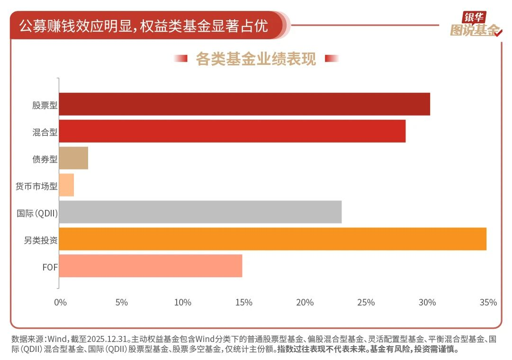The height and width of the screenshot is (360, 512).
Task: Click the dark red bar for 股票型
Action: [x=244, y=104]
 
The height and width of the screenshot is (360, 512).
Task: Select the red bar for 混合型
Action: [x=232, y=131]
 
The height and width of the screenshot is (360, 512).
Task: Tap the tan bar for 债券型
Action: [x=73, y=158]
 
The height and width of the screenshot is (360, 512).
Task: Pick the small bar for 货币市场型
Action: [x=66, y=185]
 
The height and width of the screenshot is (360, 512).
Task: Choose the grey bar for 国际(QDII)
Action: [x=200, y=212]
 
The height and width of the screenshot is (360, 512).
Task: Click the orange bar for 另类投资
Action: [x=272, y=239]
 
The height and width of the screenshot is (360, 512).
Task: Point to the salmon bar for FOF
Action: [x=151, y=266]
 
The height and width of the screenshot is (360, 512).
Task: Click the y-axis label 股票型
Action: [x=45, y=105]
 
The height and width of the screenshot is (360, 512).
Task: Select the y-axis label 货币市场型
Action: [x=36, y=186]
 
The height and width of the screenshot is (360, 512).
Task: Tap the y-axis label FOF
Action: [x=50, y=267]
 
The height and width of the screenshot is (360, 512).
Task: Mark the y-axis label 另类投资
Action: [x=41, y=240]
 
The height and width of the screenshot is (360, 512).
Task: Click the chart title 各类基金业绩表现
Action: [x=256, y=59]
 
